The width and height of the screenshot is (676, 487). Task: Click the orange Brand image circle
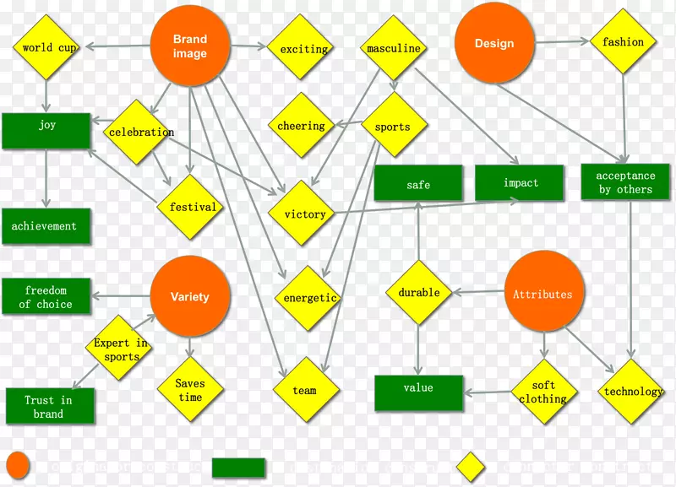[x=190, y=46]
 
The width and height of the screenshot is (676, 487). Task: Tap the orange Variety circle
[x=190, y=296]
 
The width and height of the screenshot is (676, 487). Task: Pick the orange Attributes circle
[x=543, y=295]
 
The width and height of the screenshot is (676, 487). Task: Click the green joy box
[x=46, y=131]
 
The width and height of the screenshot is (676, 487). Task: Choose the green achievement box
[x=45, y=226]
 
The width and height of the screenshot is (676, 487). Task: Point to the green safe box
[x=418, y=184]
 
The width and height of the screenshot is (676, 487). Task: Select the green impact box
[x=520, y=183]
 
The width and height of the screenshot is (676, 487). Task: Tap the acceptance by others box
[x=625, y=182]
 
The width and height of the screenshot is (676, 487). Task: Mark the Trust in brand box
[x=48, y=406]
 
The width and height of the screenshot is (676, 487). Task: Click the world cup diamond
[x=49, y=48]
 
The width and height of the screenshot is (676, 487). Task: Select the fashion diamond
[x=624, y=42]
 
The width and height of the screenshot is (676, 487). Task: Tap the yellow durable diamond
[x=419, y=293]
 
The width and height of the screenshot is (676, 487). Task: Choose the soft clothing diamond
[x=543, y=392]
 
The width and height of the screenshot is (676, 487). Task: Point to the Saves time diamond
[x=190, y=390]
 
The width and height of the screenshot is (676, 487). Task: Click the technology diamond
[x=633, y=392]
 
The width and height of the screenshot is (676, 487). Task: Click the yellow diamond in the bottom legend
[x=471, y=467]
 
